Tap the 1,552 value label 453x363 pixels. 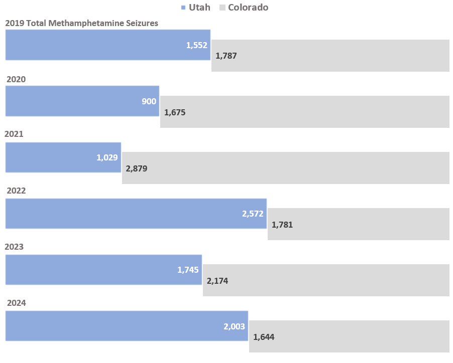196,45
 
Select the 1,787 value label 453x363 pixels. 226,56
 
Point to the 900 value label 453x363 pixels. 149,101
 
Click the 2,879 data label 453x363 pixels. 137,168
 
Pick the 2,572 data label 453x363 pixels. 253,214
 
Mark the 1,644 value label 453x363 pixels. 264,337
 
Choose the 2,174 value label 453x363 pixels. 217,281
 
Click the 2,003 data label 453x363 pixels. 234,326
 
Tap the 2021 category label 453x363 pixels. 14,134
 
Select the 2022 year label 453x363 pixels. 16,191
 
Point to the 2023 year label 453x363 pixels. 14,247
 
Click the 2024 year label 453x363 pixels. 16,303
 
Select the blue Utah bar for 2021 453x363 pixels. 55,157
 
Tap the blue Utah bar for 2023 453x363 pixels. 90,270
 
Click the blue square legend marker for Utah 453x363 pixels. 183,8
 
